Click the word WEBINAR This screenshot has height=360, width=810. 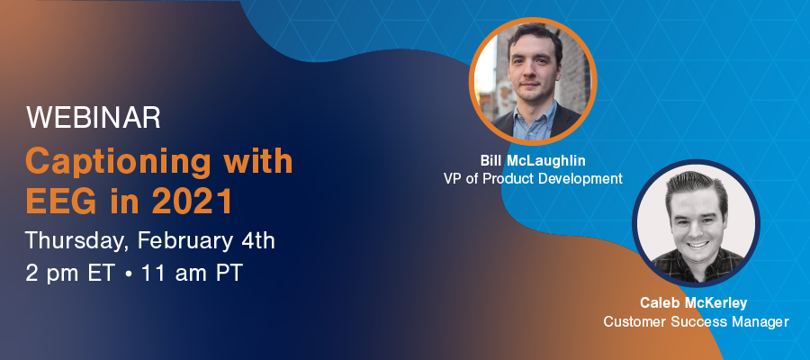click(93, 118)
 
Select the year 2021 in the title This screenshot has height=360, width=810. click(192, 202)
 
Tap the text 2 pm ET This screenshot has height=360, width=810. click(69, 274)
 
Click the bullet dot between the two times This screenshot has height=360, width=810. click(128, 274)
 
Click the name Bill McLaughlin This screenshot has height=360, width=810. click(533, 160)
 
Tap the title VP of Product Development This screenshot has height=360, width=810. click(533, 179)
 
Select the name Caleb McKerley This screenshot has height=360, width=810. click(694, 302)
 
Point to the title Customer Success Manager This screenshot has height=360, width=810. click(697, 322)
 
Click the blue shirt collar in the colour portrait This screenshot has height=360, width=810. click(535, 119)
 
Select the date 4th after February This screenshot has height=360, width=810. click(256, 240)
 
